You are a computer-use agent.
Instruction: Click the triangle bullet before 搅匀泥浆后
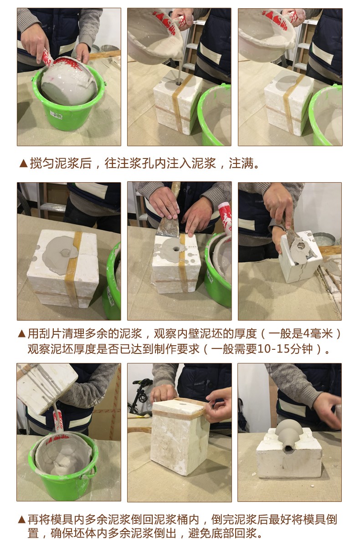23,164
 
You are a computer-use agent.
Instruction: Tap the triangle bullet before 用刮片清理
22,334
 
